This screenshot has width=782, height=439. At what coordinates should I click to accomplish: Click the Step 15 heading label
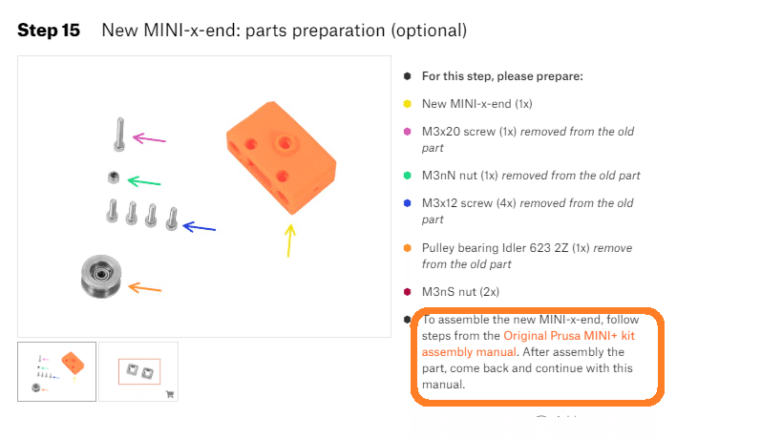coord(49,31)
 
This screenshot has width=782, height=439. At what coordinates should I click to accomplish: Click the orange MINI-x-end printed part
coord(282,157)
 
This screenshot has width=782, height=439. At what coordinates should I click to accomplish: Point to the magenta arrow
coord(149,138)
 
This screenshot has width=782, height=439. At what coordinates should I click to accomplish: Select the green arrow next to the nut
coord(144,181)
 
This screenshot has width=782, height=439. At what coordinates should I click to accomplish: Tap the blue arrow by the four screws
coord(199,227)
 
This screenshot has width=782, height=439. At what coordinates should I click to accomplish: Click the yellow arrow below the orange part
coord(289,240)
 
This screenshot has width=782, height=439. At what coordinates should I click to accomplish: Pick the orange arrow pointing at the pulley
coord(144,287)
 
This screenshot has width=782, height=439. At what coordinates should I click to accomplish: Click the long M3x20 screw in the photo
coord(119,134)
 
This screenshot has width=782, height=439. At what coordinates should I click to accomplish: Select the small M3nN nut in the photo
coord(114,178)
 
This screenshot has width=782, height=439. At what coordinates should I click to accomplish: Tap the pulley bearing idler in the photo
coord(101,277)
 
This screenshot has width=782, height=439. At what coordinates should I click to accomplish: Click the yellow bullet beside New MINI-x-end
coord(408,104)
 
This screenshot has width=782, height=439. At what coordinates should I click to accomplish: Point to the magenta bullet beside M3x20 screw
coord(408,132)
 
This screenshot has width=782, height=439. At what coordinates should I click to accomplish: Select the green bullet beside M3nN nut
coord(408,176)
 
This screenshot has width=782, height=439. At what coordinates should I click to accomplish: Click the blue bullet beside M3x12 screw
coord(408,203)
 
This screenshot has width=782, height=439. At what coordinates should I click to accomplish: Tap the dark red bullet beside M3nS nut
coord(408,291)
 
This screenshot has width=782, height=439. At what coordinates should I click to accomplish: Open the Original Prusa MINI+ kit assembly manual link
coord(528,344)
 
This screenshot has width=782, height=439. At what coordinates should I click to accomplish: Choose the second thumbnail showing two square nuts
coord(138,372)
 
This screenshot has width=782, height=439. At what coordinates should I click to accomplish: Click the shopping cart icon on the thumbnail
coord(170,394)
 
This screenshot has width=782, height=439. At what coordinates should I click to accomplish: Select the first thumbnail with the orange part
coord(57,372)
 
